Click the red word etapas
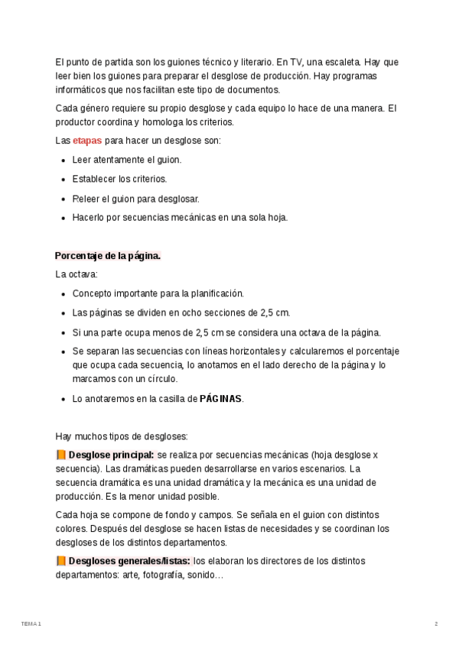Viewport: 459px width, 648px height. click(x=87, y=141)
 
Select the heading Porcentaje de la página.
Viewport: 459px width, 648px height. click(x=107, y=256)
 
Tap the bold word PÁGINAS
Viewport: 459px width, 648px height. click(x=220, y=399)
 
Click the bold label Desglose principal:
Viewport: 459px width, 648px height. click(x=111, y=455)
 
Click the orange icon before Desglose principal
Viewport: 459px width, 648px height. click(x=60, y=455)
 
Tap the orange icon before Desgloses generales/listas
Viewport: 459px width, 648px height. click(x=60, y=561)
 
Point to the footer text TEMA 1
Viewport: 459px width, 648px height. click(x=31, y=624)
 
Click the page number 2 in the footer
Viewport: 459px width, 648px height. click(x=436, y=624)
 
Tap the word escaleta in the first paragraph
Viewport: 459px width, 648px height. click(x=340, y=62)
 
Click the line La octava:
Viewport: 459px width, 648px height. click(x=76, y=274)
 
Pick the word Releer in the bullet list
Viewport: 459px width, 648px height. click(x=86, y=199)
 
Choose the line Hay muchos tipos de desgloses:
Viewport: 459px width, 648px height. click(x=121, y=436)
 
